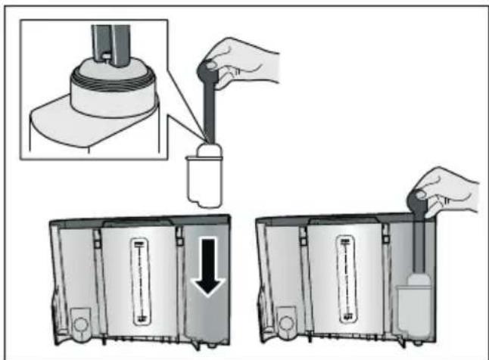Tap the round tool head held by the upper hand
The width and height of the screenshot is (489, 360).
pyautogui.click(x=206, y=70)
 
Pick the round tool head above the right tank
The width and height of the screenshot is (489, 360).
pyautogui.click(x=416, y=201)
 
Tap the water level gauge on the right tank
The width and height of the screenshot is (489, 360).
pyautogui.click(x=346, y=280)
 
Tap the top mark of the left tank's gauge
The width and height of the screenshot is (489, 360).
pyautogui.click(x=139, y=244)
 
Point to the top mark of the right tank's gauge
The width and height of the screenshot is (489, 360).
pyautogui.click(x=346, y=243)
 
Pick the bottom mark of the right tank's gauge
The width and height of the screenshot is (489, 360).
pyautogui.click(x=346, y=318)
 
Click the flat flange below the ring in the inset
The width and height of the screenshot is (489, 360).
pyautogui.click(x=76, y=113)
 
